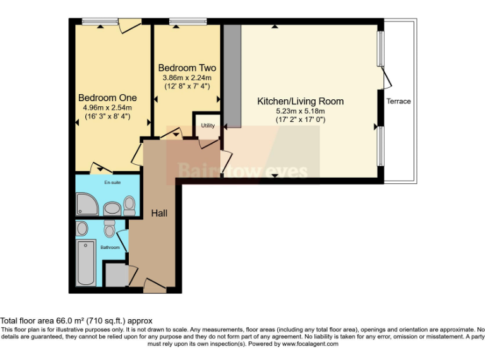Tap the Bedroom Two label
click(187, 68)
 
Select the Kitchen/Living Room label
click(300, 101)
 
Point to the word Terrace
click(398, 101)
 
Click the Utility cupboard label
click(208, 125)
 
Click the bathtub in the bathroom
click(85, 262)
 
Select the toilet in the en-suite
click(129, 203)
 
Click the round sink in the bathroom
click(83, 228)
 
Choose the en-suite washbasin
click(111, 207)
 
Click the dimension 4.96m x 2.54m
click(107, 107)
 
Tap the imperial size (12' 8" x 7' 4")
click(187, 86)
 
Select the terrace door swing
click(386, 78)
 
